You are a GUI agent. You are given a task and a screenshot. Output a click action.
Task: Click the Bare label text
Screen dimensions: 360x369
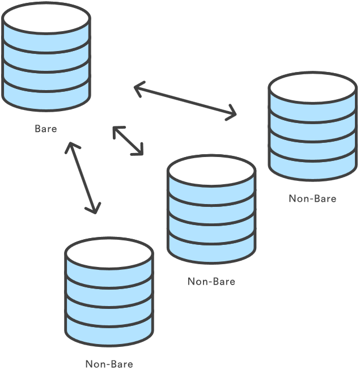(46, 129)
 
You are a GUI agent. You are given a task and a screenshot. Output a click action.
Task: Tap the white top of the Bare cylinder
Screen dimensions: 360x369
(46, 18)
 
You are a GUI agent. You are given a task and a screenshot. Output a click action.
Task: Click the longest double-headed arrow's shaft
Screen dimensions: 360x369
(185, 101)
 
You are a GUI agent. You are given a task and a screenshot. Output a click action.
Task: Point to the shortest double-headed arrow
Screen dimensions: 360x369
(128, 141)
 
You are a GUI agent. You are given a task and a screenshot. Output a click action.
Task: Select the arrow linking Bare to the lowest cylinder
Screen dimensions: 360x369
(83, 178)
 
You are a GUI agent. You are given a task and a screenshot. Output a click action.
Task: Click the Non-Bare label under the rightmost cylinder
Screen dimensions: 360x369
(312, 198)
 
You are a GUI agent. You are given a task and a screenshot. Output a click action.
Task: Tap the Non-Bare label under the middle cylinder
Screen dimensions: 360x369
(211, 282)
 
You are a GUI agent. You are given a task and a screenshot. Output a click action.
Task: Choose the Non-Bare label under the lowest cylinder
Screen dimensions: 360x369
(109, 364)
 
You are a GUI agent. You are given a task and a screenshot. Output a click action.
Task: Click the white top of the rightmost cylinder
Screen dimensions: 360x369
(312, 88)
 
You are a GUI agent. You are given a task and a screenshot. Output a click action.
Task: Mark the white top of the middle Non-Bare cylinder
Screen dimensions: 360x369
(211, 171)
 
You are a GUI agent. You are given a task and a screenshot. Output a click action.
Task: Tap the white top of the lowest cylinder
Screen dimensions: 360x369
(109, 253)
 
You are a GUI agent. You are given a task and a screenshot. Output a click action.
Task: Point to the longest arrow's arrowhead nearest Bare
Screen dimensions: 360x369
(138, 88)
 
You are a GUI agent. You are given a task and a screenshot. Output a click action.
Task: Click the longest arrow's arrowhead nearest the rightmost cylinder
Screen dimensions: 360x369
(232, 113)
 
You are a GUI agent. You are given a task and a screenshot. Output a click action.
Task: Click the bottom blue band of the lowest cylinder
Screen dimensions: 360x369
(109, 332)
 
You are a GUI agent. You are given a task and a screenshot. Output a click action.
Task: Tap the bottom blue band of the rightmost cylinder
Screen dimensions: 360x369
(312, 167)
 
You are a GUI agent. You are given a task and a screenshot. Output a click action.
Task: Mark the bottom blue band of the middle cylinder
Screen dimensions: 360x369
(211, 249)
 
